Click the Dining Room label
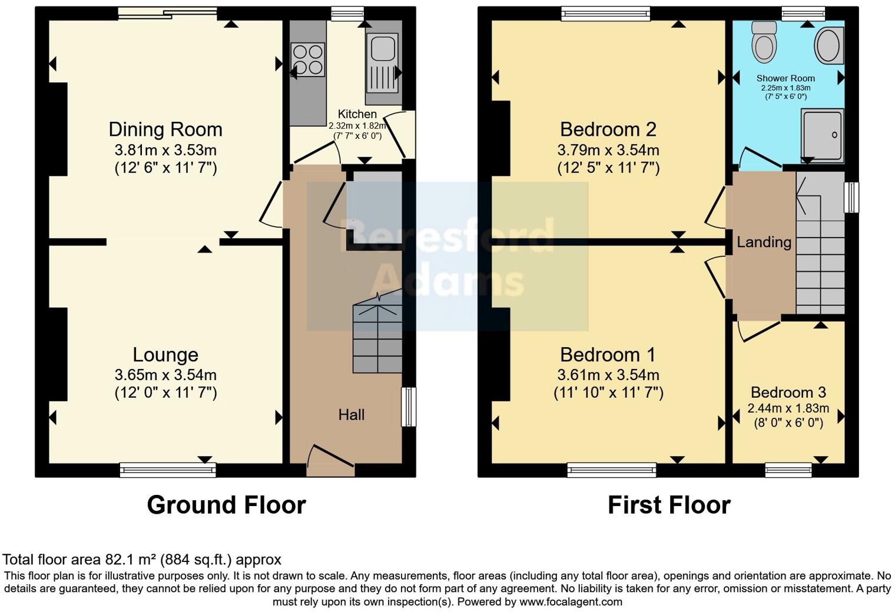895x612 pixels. coord(165,129)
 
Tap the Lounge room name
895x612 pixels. coord(165,355)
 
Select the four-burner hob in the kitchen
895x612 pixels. coord(308,59)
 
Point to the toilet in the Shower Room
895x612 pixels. coord(765,42)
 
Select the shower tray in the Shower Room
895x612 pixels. coord(822,135)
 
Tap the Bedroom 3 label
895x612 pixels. coord(788,393)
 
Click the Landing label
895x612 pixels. coord(764,242)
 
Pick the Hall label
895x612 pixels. coord(351,415)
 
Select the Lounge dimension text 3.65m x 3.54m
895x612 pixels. coord(165,375)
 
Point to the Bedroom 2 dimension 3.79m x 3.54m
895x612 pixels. coord(608,150)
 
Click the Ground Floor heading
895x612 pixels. coord(226,505)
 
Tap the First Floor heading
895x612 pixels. coord(669,505)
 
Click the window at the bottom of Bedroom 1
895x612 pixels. coord(612,470)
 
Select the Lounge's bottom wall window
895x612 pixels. coord(168,470)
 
